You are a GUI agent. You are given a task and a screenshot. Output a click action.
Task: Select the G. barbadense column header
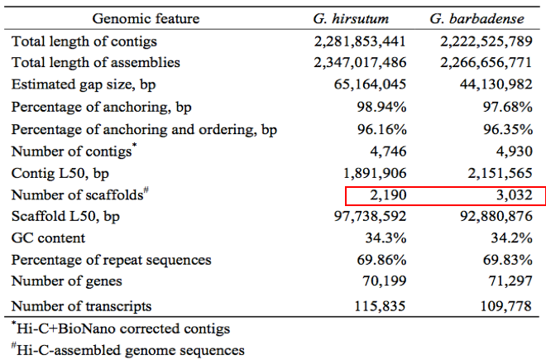(480, 17)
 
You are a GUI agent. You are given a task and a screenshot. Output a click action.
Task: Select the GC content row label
(48, 238)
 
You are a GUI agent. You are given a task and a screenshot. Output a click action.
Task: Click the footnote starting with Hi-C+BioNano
(121, 329)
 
